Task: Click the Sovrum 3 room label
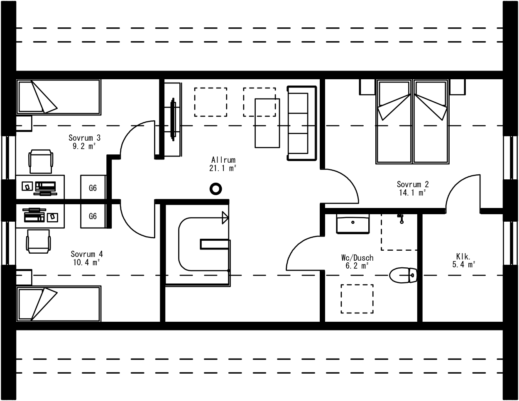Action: click(x=85, y=138)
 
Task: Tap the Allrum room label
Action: click(x=223, y=160)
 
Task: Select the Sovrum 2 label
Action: click(x=413, y=184)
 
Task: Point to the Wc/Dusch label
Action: click(x=357, y=258)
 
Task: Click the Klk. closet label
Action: click(x=463, y=257)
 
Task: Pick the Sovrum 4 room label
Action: click(x=87, y=254)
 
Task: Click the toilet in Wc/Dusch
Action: click(x=403, y=275)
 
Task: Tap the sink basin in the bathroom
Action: click(x=353, y=224)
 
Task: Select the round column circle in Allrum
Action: click(x=215, y=189)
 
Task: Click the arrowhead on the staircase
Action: click(x=225, y=218)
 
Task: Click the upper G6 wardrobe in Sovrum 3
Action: click(x=93, y=188)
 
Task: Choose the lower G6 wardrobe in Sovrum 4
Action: click(x=93, y=216)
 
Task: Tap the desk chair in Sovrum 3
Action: click(x=41, y=161)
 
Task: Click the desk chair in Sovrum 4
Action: click(x=39, y=241)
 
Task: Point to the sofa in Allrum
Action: click(x=302, y=123)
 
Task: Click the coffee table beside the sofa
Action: click(x=267, y=123)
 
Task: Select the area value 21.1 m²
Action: click(x=223, y=168)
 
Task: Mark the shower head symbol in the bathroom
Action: click(x=401, y=218)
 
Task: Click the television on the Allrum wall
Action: click(x=173, y=120)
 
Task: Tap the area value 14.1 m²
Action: click(x=412, y=193)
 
